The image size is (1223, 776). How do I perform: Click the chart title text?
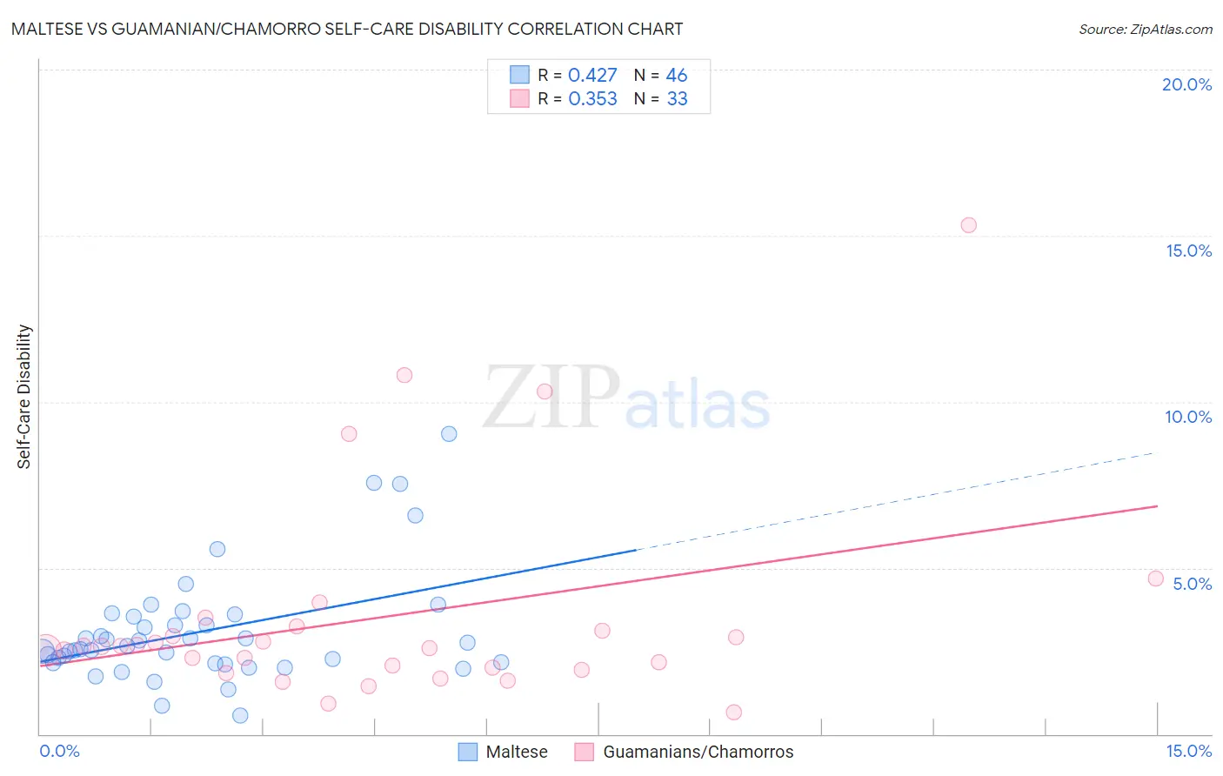[347, 29]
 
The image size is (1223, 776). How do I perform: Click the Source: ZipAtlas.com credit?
[1145, 29]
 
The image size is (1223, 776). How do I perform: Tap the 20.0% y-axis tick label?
[1186, 84]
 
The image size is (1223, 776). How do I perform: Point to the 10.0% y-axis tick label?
[1187, 417]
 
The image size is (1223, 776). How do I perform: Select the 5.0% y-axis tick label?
[1192, 584]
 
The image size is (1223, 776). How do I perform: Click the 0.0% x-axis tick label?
[60, 752]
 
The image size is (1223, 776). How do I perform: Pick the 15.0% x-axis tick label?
[1188, 752]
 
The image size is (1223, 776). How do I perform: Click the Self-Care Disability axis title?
[24, 397]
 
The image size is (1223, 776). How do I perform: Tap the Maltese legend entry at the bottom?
[505, 753]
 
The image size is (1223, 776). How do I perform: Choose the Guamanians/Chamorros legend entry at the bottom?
[685, 753]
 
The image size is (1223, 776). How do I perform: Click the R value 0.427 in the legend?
[592, 76]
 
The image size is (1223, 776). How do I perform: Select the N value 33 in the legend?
[677, 99]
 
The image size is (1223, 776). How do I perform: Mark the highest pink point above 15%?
[968, 225]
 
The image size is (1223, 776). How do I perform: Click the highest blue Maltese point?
[449, 434]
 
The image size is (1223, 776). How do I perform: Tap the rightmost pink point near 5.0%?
[1155, 579]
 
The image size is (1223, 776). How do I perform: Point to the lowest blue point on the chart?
[240, 715]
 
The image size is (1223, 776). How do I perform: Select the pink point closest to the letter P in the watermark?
[545, 391]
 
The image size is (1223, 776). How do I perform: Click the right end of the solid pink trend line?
[1157, 505]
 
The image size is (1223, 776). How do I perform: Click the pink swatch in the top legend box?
[519, 98]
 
